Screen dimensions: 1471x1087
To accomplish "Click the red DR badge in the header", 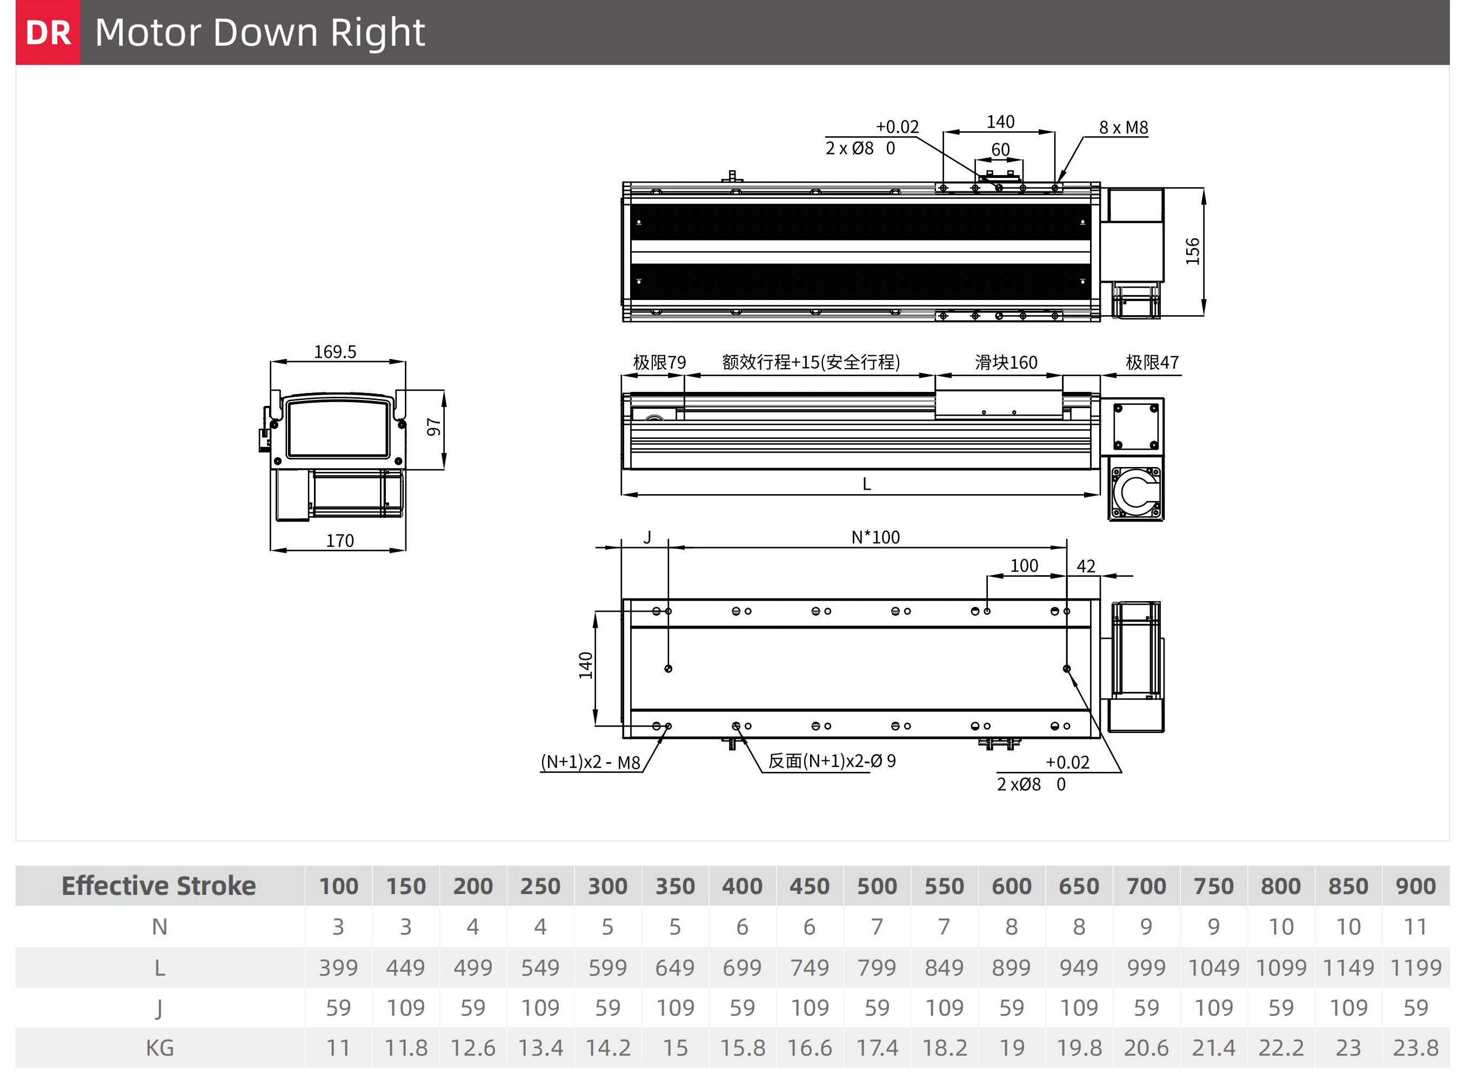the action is (x=48, y=32).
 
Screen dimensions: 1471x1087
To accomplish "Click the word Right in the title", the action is (x=378, y=33).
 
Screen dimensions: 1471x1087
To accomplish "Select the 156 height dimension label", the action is (x=1193, y=251).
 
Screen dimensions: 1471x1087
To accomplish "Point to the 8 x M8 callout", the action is (x=1124, y=128).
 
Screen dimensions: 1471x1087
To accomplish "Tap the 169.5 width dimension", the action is (x=335, y=352).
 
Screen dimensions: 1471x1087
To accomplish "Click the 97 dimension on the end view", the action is (x=433, y=427).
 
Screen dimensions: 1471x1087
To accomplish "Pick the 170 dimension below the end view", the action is (x=340, y=541).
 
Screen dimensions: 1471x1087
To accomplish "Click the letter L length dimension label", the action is (x=866, y=484).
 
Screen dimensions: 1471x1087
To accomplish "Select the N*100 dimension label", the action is (x=875, y=538).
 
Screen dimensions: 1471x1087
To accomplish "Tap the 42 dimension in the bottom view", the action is (x=1086, y=566).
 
